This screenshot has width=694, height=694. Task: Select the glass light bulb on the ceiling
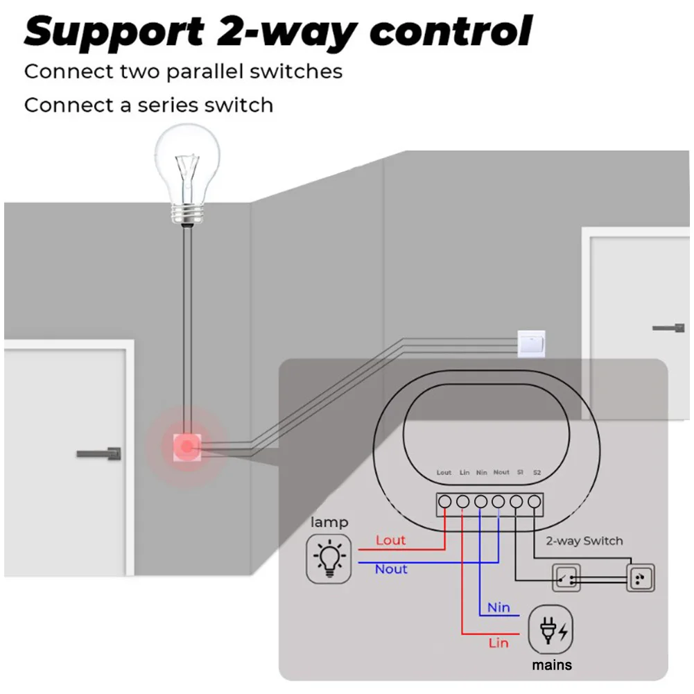[x=188, y=175]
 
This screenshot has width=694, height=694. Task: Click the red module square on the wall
[x=187, y=447]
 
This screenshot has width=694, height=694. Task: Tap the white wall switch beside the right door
[x=531, y=343]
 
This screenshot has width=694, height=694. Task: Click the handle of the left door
[x=99, y=453]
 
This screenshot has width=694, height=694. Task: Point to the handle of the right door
[x=669, y=328]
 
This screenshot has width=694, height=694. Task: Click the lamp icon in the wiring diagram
[x=329, y=559]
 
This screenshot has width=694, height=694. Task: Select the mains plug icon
[x=550, y=630]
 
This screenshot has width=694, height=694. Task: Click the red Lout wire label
[x=390, y=540]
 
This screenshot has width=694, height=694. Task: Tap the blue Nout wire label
[x=391, y=569]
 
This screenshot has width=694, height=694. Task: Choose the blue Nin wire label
[x=498, y=607]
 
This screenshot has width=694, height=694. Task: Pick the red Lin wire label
[x=498, y=643]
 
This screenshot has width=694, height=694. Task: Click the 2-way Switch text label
[x=584, y=541]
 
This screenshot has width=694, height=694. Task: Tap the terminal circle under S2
[x=535, y=502]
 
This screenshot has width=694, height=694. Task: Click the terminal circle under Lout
[x=445, y=502]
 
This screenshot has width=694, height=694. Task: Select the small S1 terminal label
[x=520, y=472]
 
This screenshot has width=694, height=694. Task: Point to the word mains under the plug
[x=552, y=665]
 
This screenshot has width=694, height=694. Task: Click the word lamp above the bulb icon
[x=329, y=523]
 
